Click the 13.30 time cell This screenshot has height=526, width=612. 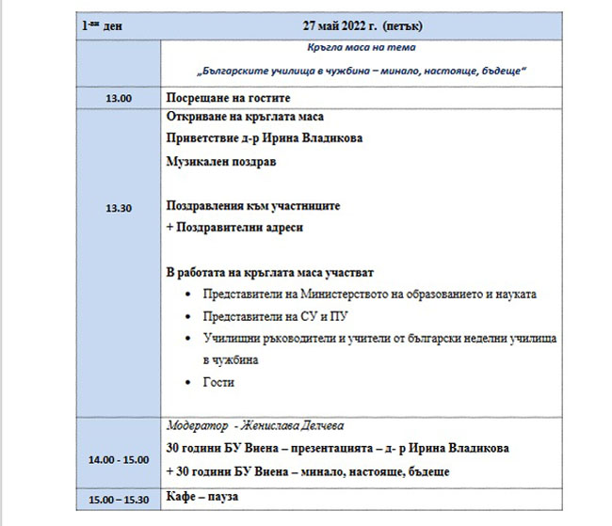tap(118, 209)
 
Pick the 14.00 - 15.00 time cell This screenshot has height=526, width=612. tap(118, 459)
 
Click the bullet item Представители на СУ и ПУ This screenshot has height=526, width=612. tap(267, 316)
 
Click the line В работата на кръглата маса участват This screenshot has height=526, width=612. tap(269, 272)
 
